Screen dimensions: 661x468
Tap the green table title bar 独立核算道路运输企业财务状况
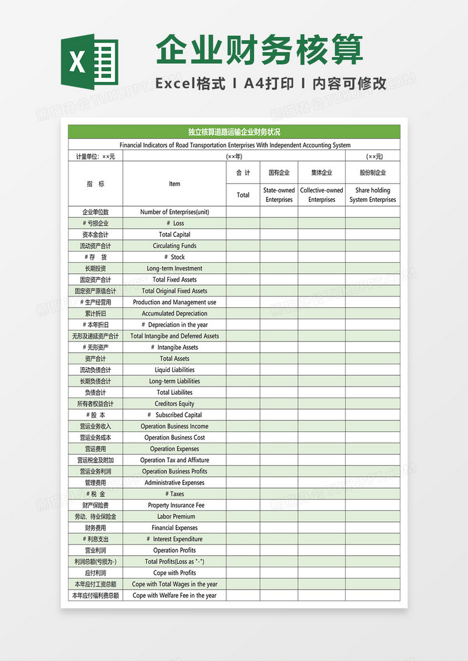pos(234,132)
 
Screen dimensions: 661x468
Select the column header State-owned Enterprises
pos(279,195)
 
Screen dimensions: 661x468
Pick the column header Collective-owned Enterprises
pos(321,195)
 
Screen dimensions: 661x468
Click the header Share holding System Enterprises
pos(373,195)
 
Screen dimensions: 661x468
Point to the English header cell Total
pos(243,195)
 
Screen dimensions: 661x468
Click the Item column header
pos(174,184)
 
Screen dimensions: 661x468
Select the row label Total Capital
pos(174,235)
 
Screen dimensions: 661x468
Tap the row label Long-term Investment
pos(174,268)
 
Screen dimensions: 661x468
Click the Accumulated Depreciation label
pos(174,314)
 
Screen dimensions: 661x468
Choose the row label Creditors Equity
pos(174,404)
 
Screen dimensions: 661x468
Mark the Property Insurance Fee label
pos(174,505)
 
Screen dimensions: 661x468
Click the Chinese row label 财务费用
pos(95,528)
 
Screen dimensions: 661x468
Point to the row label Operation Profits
pos(174,550)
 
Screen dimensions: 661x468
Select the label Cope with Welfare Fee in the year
pos(174,595)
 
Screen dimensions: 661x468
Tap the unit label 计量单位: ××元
pos(95,157)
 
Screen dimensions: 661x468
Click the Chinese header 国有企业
pos(279,173)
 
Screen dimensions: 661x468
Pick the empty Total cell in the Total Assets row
pos(243,359)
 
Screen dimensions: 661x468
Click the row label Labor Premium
pos(174,517)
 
